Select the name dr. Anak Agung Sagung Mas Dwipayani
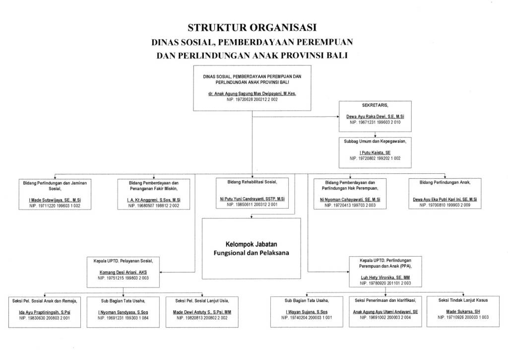252,93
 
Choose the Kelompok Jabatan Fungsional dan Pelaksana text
251,248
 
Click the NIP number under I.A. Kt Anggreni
153,205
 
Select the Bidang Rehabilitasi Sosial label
252,182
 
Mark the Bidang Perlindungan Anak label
445,182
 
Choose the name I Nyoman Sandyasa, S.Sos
122,312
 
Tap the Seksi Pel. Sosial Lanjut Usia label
202,300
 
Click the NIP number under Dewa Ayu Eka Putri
445,205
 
